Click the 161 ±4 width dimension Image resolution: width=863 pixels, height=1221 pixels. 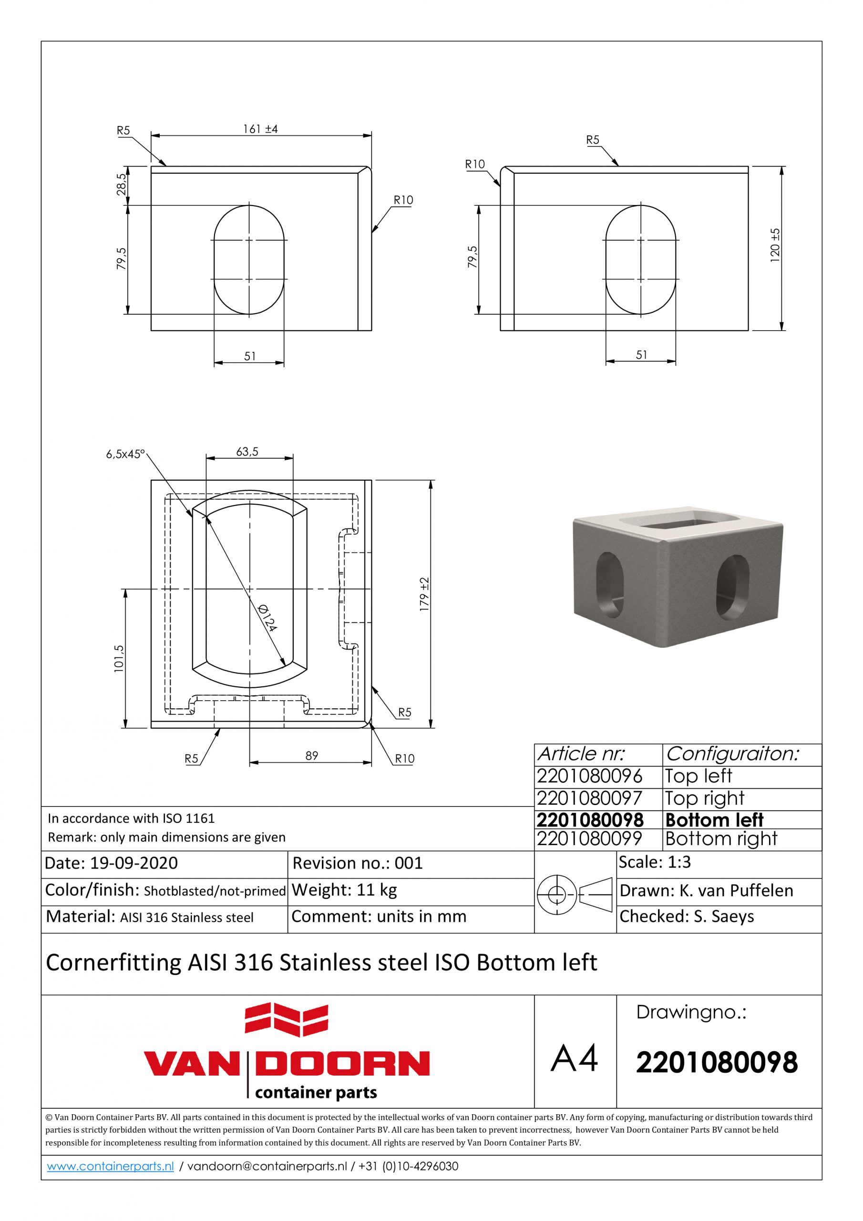tap(260, 129)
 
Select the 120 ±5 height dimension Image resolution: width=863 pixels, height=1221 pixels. tap(775, 243)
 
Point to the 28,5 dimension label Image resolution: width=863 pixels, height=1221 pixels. tap(122, 185)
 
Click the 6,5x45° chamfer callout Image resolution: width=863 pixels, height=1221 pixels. tap(125, 454)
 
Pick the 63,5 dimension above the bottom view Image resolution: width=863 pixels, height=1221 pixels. tap(247, 452)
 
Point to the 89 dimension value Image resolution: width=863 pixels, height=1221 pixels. tap(312, 755)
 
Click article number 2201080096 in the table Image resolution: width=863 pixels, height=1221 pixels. tap(590, 776)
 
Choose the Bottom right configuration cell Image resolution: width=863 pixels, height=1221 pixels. tap(721, 838)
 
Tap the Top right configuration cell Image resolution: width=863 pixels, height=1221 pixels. tap(705, 798)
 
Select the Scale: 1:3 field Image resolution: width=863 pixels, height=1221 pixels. tap(655, 861)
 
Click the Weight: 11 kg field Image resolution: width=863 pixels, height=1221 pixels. tap(344, 890)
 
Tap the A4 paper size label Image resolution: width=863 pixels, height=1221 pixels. tap(574, 1058)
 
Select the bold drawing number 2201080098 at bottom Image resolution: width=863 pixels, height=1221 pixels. tap(717, 1063)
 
